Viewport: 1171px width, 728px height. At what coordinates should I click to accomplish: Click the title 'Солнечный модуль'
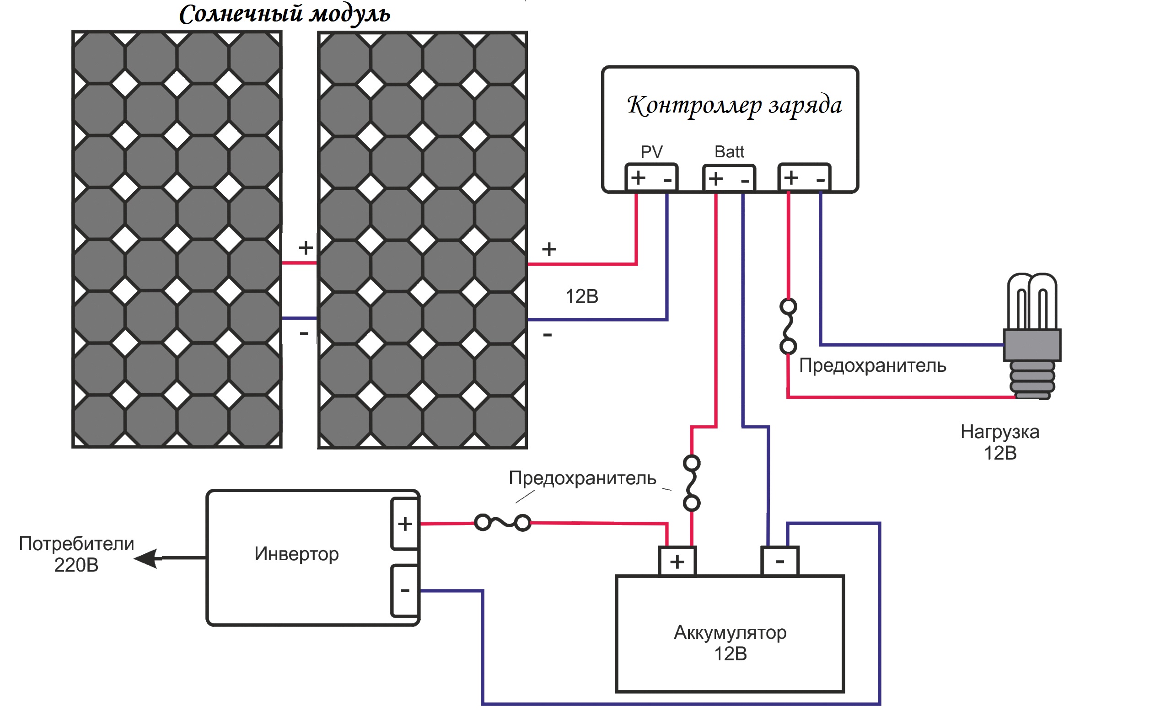284,15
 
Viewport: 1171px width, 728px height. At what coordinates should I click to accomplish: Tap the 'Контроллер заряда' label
734,105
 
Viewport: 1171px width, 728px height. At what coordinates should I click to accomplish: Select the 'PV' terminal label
651,152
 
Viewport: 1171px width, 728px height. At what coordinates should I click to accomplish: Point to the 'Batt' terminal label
729,152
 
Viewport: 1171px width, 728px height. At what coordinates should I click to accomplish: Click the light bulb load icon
1032,337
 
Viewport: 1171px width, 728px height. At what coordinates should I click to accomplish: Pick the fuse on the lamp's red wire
788,327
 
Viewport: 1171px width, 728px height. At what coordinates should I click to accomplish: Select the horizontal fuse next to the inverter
503,523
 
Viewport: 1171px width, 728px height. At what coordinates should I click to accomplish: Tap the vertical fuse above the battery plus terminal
692,483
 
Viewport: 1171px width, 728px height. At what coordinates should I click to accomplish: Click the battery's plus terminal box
677,562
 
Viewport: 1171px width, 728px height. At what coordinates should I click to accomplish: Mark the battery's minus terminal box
780,562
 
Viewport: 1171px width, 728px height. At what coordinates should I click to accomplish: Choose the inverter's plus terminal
405,524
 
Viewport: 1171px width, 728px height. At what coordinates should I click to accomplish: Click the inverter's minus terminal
405,590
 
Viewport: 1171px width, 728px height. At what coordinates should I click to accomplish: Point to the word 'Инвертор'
296,554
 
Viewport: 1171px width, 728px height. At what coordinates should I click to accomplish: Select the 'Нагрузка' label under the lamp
999,432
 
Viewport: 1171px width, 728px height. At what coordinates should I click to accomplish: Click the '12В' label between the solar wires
582,297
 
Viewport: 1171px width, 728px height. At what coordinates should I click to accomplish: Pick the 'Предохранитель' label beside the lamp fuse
872,366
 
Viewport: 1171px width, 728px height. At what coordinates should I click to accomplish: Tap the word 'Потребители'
76,544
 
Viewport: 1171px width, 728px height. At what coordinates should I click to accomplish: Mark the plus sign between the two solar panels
305,248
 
